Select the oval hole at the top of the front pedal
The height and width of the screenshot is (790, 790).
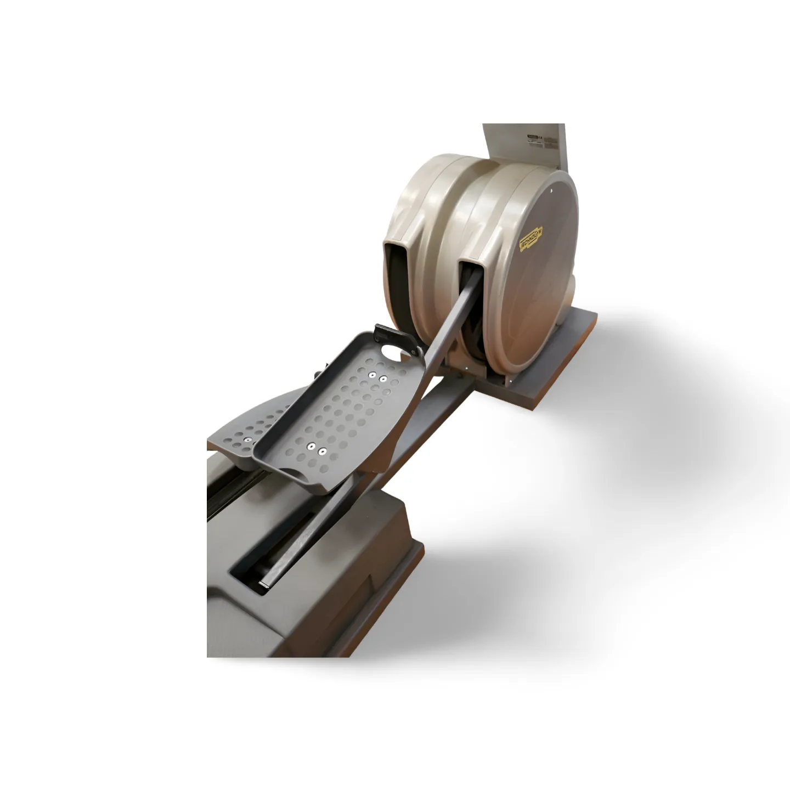tap(393, 349)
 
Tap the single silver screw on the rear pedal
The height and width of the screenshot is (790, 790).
tap(247, 440)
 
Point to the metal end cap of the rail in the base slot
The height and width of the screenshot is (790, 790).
tap(262, 587)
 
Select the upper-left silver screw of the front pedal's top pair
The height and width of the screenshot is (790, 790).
tap(372, 375)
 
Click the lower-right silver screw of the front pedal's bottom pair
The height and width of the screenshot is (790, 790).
tap(323, 452)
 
